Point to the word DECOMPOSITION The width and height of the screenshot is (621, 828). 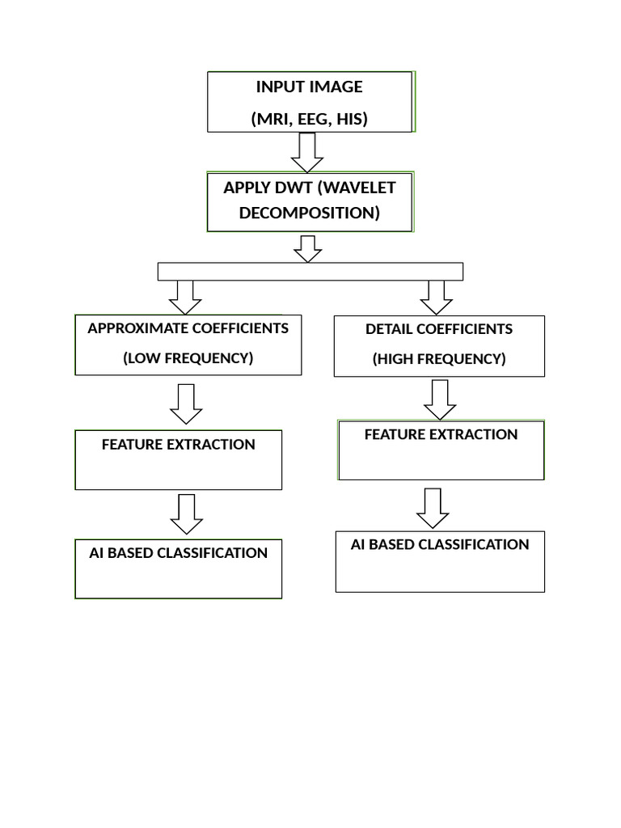(x=310, y=213)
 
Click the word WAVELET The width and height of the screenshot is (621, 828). (x=361, y=188)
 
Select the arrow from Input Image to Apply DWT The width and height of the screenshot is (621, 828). (x=307, y=151)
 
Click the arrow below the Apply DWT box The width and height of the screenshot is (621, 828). (x=307, y=248)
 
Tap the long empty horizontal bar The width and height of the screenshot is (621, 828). (x=310, y=272)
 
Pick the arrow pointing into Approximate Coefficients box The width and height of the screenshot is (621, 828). (x=185, y=297)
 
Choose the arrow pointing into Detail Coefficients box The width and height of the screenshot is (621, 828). (x=437, y=297)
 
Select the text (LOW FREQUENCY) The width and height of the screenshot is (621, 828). (x=188, y=358)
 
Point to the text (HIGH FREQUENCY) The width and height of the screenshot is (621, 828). (x=439, y=359)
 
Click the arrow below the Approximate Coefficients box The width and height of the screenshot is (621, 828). (x=186, y=403)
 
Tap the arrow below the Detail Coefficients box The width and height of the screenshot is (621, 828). (x=440, y=399)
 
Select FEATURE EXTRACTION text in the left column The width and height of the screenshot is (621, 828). (x=178, y=445)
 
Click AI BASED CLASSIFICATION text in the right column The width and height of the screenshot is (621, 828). (x=440, y=545)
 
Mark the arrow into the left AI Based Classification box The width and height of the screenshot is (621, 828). (x=187, y=514)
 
